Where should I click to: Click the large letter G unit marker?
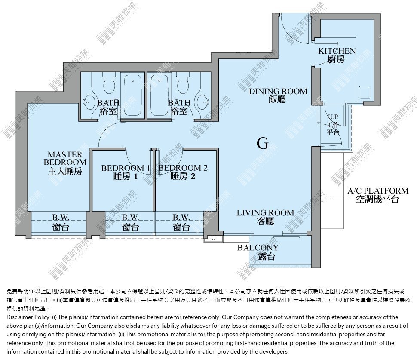(263, 143)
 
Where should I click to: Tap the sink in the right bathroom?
(203, 102)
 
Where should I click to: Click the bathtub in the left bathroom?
(133, 95)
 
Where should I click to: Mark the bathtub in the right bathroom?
(159, 95)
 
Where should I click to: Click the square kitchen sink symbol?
(365, 92)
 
